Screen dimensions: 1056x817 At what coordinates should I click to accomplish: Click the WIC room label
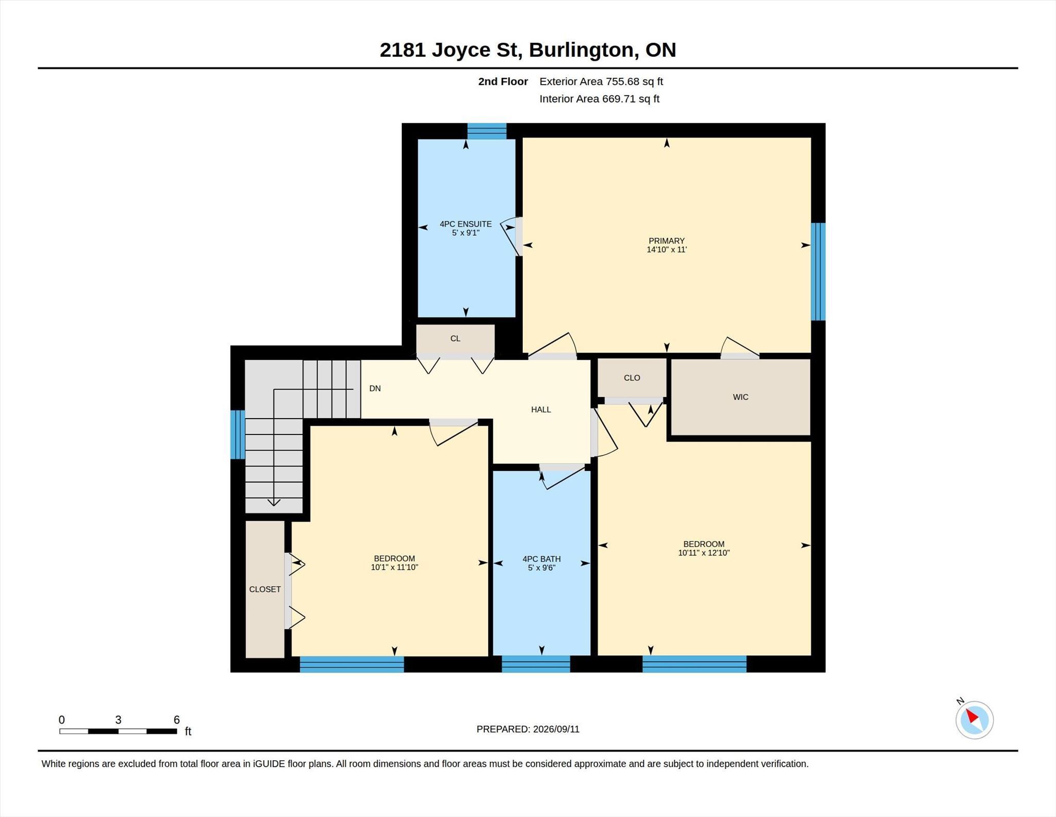pos(740,397)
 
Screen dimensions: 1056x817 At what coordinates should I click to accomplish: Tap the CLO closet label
pos(632,378)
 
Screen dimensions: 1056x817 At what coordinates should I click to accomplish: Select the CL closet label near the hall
pos(455,339)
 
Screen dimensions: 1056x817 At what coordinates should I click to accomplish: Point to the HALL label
pos(541,409)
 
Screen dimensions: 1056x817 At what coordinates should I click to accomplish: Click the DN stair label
pos(375,388)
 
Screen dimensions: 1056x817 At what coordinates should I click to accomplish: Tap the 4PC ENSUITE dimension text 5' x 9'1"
pos(466,233)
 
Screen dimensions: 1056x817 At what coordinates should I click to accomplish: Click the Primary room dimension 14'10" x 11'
pos(667,249)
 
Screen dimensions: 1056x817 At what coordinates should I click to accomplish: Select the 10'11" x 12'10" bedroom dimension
pos(704,553)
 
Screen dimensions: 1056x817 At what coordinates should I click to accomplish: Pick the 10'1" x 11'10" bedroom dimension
pos(394,567)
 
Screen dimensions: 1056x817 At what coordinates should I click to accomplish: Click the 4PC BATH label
pos(541,559)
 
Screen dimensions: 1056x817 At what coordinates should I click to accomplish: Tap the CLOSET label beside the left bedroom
pos(265,589)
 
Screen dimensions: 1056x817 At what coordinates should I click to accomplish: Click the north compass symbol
pos(975,719)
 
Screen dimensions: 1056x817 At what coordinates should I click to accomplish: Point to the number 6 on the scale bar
pos(176,720)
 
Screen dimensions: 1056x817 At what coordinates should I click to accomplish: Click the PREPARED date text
pos(528,729)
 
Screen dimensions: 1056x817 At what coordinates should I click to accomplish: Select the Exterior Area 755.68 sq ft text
pos(601,82)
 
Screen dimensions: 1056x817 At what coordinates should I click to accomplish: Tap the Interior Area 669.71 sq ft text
pos(600,99)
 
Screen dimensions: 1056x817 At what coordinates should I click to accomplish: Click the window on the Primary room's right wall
pos(818,271)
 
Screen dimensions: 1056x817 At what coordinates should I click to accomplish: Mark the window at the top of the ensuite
pos(487,131)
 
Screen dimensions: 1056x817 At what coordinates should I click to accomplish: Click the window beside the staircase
pos(238,435)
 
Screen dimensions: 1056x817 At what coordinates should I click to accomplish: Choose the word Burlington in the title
pos(581,50)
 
